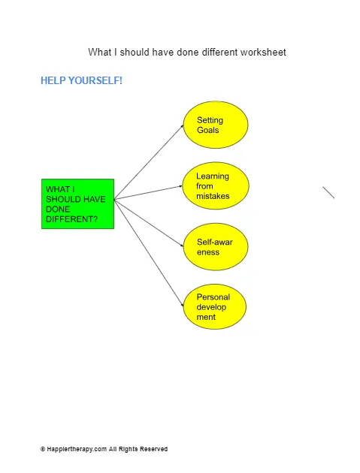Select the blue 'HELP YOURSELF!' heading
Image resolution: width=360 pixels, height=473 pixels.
pos(81,80)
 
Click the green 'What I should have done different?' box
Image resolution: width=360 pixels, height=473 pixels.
pos(77,204)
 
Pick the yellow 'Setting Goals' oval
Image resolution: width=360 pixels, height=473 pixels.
pos(216,125)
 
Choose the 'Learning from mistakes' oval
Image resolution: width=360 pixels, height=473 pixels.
pos(216,186)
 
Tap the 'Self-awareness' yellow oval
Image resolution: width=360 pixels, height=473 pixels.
pos(216,247)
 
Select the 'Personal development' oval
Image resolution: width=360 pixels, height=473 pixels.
pos(215,306)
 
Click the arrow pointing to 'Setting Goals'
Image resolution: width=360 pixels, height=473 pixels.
pos(149,162)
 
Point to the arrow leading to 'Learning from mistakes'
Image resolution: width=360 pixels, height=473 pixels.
pos(148,193)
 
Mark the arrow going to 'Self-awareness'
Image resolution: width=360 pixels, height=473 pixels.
pos(149,223)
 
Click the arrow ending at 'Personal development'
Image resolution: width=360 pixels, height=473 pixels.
pos(149,253)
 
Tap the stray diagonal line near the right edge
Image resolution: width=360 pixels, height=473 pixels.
pos(328,192)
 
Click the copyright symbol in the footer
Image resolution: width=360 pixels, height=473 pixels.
pos(43,449)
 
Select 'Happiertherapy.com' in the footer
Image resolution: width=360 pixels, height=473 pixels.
pos(77,449)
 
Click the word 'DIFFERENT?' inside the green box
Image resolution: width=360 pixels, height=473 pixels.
pos(72,219)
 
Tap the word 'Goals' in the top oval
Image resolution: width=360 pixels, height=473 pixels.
pos(207,130)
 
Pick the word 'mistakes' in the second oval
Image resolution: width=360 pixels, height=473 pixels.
pos(213,196)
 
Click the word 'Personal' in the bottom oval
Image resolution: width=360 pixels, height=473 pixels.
pos(213,297)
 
